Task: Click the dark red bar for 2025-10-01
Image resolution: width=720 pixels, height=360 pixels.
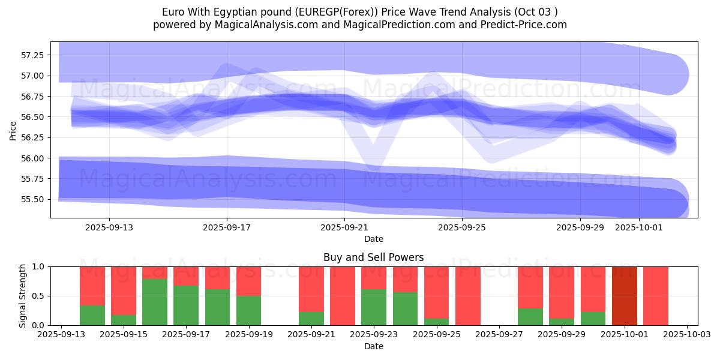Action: pos(625,296)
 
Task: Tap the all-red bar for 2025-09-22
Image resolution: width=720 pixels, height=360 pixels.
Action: pos(343,296)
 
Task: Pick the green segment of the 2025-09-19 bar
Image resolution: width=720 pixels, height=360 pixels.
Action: pos(249,310)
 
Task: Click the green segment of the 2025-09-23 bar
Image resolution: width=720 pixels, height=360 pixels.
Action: pos(374,307)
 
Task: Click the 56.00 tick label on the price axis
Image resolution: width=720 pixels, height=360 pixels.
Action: pos(32,158)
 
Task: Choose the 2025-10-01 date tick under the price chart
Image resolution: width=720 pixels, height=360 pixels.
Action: pos(639,227)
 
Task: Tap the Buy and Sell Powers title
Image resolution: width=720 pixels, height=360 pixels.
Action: pos(374,257)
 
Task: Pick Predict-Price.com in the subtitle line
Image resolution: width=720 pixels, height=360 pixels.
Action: pos(524,25)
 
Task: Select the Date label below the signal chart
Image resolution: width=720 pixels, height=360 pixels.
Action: pos(374,346)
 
